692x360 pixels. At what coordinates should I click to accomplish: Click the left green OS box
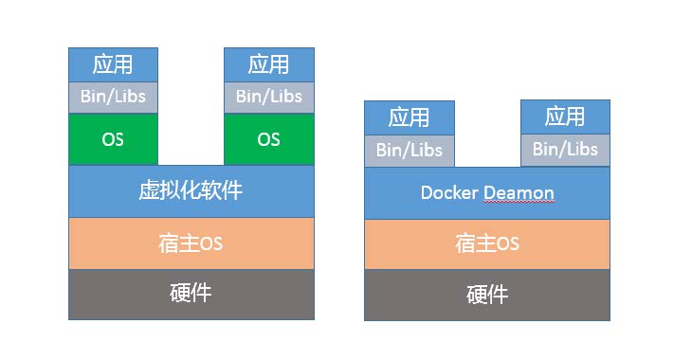click(x=113, y=139)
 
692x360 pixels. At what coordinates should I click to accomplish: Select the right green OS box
click(x=268, y=139)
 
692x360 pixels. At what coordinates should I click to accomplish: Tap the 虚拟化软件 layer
click(x=191, y=190)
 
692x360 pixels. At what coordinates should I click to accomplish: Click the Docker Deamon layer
click(x=486, y=193)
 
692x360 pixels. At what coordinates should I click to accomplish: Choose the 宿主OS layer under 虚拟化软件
click(x=191, y=243)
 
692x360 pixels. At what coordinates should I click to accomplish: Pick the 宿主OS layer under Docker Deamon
click(x=486, y=243)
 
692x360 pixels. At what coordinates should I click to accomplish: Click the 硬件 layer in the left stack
click(x=191, y=294)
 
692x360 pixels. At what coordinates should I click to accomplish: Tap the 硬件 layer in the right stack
click(x=486, y=295)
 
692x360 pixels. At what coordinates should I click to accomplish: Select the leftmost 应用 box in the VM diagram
click(x=113, y=64)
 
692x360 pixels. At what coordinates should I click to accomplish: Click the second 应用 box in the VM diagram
click(x=268, y=64)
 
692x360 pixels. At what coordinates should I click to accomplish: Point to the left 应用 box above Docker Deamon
click(x=410, y=117)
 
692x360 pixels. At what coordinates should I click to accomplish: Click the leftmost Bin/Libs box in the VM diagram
click(x=113, y=97)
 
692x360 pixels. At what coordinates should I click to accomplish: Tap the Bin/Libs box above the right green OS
click(x=268, y=97)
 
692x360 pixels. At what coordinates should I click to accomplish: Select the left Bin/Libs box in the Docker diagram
click(x=410, y=150)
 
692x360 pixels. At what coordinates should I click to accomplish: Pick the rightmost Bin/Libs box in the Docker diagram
click(x=565, y=150)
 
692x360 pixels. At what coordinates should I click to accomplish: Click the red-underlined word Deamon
click(x=519, y=193)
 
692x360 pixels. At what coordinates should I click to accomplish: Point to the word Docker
click(x=450, y=193)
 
